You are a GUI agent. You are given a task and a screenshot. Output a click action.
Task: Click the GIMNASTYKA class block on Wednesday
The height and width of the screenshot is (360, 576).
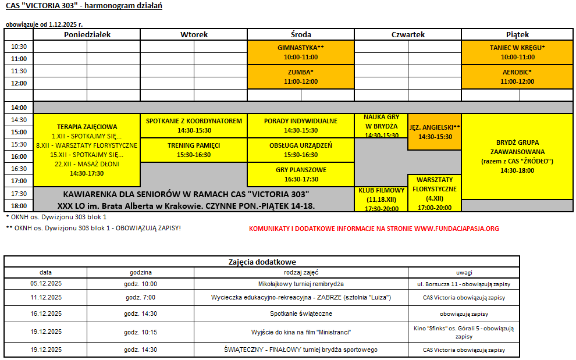coord(301,52)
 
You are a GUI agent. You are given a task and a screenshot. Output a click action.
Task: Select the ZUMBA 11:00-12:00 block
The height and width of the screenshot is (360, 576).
coord(301,77)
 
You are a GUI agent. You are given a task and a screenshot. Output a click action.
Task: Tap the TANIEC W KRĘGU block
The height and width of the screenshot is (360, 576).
coord(517,52)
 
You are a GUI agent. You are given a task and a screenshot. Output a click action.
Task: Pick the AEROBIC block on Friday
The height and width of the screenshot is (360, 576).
coord(517,77)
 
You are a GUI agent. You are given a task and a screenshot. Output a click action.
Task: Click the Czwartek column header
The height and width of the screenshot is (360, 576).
coord(408,34)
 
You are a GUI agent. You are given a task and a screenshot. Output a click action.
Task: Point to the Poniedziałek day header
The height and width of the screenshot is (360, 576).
coord(87,34)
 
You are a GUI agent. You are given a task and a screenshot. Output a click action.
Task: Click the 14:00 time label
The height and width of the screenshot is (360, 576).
coord(19,108)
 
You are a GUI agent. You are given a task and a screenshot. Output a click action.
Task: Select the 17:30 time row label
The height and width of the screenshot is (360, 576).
coord(19,194)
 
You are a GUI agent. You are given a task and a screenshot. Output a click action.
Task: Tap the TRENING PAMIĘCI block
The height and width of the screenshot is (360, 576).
coord(194,150)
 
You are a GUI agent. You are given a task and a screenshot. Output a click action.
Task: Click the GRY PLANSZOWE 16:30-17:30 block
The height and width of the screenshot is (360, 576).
coord(301,174)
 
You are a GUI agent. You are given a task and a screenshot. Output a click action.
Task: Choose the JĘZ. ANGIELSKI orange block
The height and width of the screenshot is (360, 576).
coord(435,131)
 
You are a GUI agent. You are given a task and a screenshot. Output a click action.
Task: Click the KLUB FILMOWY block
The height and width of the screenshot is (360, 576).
coord(381,199)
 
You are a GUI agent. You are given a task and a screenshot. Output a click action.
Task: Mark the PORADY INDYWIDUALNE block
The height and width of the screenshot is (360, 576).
coord(301,126)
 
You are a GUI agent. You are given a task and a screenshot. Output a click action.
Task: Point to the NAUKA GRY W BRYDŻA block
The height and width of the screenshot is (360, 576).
coord(381,126)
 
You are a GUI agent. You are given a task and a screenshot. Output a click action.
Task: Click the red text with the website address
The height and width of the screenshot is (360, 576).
coord(374,229)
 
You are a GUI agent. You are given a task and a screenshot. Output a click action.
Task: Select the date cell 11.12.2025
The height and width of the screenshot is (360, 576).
coord(46,297)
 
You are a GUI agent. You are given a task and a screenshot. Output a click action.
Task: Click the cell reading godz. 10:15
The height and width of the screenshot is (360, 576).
coord(141,332)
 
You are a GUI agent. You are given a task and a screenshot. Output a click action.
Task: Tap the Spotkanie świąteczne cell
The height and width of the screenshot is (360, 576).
coord(301,313)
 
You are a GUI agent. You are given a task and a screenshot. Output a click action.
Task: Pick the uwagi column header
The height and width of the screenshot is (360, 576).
coord(464,272)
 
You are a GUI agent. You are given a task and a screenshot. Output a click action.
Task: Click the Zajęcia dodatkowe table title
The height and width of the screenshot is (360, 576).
coord(262,262)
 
